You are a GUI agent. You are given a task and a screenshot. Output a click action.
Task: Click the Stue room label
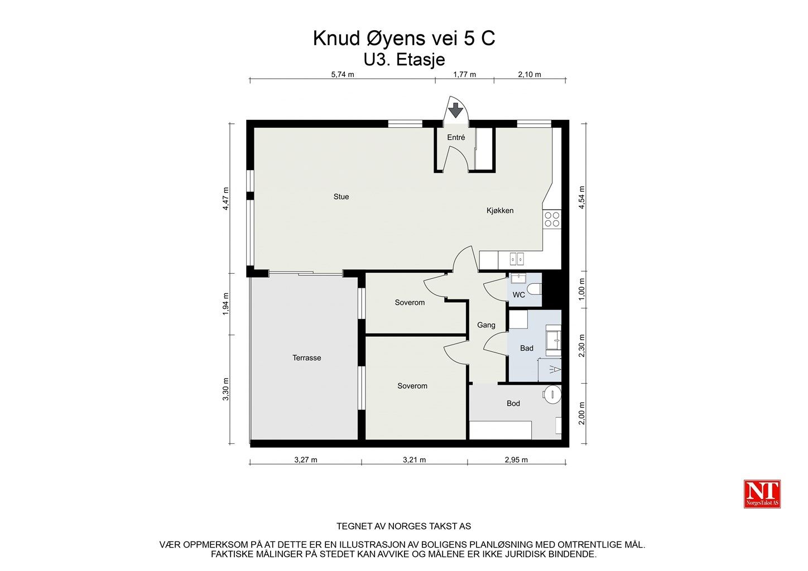click(x=341, y=197)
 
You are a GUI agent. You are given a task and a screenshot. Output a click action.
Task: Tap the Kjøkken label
click(x=499, y=211)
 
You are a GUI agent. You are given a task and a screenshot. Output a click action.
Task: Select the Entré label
click(x=456, y=138)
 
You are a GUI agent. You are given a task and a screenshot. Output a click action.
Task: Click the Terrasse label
click(x=306, y=358)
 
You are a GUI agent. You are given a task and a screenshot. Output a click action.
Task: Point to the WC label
click(x=518, y=295)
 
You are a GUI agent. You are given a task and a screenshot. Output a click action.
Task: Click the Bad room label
click(x=526, y=349)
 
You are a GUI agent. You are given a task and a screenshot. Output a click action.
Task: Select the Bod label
click(x=513, y=404)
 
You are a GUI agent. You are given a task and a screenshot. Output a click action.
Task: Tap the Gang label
click(x=486, y=325)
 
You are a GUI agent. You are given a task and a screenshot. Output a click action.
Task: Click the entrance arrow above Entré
click(x=456, y=110)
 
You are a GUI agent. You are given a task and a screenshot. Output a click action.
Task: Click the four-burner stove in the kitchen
click(x=552, y=219)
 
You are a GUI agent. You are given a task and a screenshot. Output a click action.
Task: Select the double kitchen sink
click(x=516, y=259)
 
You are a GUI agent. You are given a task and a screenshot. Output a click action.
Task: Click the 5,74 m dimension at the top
click(x=343, y=74)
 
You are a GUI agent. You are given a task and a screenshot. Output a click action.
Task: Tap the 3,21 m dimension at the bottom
click(x=414, y=460)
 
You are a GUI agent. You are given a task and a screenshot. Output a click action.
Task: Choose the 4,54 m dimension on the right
click(x=581, y=197)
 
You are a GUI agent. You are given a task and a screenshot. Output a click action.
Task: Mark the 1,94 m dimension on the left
click(x=226, y=304)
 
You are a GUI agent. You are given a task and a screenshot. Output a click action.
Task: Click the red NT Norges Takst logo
click(x=762, y=494)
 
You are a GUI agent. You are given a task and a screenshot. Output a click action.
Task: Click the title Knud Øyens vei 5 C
click(x=403, y=39)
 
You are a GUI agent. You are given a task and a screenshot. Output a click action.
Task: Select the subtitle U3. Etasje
click(x=403, y=59)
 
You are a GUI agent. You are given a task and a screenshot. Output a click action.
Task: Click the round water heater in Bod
click(x=551, y=394)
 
